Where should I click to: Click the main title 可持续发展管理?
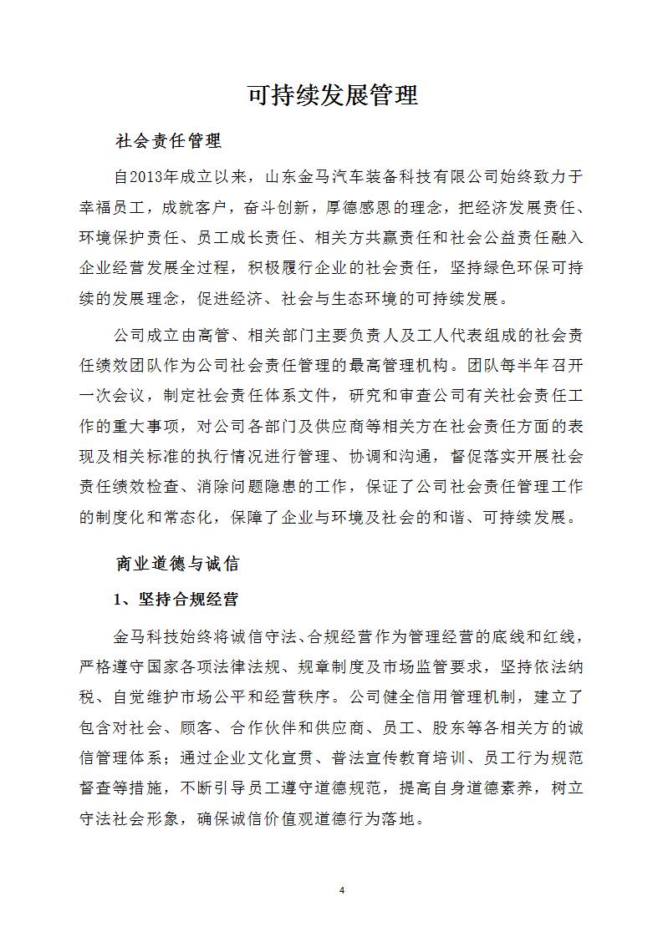tap(332, 95)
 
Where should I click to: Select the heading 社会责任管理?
tap(168, 141)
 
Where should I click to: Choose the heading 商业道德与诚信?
tap(176, 564)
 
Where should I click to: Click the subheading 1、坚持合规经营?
tap(176, 600)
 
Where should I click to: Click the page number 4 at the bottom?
tap(342, 890)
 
